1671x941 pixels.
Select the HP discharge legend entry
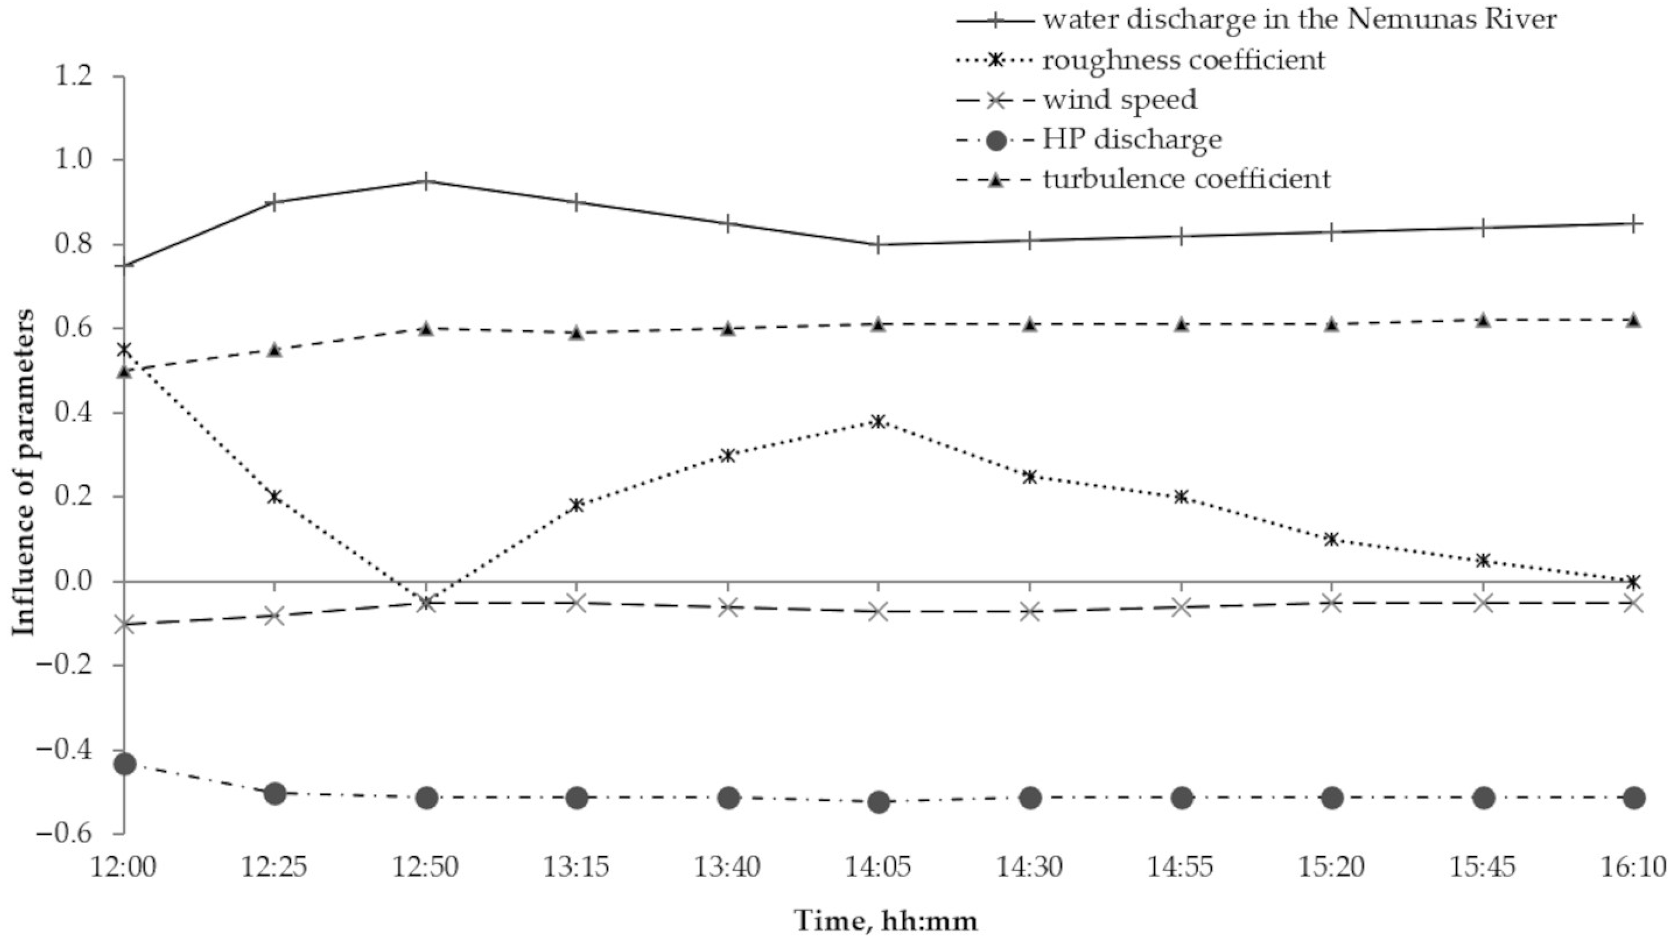pos(1132,139)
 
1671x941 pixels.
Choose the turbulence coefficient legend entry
pos(1186,179)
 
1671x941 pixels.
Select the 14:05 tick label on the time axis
pos(878,867)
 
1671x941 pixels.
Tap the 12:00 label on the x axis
pos(123,867)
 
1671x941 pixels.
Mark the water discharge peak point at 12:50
pos(425,181)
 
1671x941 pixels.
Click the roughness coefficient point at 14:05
pos(878,422)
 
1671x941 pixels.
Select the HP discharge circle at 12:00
pos(124,764)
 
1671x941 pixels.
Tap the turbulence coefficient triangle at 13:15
pos(576,333)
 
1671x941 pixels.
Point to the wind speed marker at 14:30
pos(1030,611)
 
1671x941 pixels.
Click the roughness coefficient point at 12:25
pos(274,497)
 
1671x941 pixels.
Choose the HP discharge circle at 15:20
pos(1332,798)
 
